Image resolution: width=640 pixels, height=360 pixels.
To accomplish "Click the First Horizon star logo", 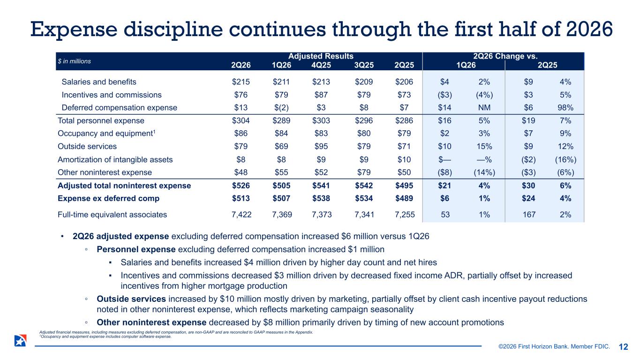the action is [20, 340].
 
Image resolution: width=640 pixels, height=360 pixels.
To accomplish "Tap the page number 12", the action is [624, 347].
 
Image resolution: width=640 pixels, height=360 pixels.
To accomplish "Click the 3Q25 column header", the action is [364, 65].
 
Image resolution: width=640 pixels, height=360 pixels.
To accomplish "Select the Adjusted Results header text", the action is [321, 56].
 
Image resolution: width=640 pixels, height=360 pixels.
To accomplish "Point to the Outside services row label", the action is [87, 146].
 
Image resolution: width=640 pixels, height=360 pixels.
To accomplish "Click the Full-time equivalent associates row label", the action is [112, 215].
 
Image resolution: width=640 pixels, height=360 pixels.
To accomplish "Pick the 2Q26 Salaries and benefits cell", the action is [241, 82].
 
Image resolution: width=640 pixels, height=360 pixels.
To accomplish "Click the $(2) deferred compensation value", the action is [281, 108].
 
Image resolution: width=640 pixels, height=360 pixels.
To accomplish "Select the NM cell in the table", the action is [484, 108].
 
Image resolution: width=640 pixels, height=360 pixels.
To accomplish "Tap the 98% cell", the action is [565, 108].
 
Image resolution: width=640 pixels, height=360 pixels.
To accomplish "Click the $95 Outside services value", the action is [321, 146].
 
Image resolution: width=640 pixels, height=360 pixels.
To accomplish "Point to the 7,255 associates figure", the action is [405, 215].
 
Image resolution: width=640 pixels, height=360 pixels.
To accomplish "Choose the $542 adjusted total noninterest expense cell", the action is [364, 186].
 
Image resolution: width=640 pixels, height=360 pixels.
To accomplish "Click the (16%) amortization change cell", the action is [565, 159].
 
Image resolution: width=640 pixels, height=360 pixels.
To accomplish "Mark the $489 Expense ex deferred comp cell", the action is [404, 198].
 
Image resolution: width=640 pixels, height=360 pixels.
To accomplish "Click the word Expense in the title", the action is [74, 30].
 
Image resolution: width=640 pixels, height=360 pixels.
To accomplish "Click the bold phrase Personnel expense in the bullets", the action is [136, 249].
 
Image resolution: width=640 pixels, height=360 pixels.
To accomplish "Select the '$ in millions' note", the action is [74, 61].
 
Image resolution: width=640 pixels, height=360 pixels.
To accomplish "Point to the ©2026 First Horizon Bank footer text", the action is [554, 346].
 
